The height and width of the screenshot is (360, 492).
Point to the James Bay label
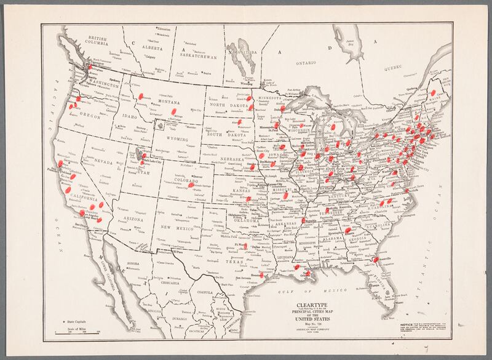click(350, 44)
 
